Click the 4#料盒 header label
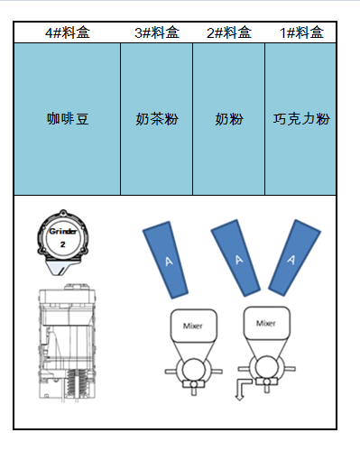(x=68, y=33)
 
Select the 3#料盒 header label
(x=156, y=33)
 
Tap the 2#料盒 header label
(x=228, y=33)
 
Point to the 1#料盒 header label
(x=300, y=33)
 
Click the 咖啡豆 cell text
(x=68, y=118)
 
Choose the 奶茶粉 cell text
(x=156, y=118)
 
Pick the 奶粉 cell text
(x=228, y=118)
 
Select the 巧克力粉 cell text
(x=300, y=118)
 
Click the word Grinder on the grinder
(x=61, y=232)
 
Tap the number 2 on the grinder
(x=61, y=244)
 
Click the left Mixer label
(x=192, y=326)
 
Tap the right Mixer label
(x=266, y=322)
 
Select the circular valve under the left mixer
(x=192, y=370)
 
